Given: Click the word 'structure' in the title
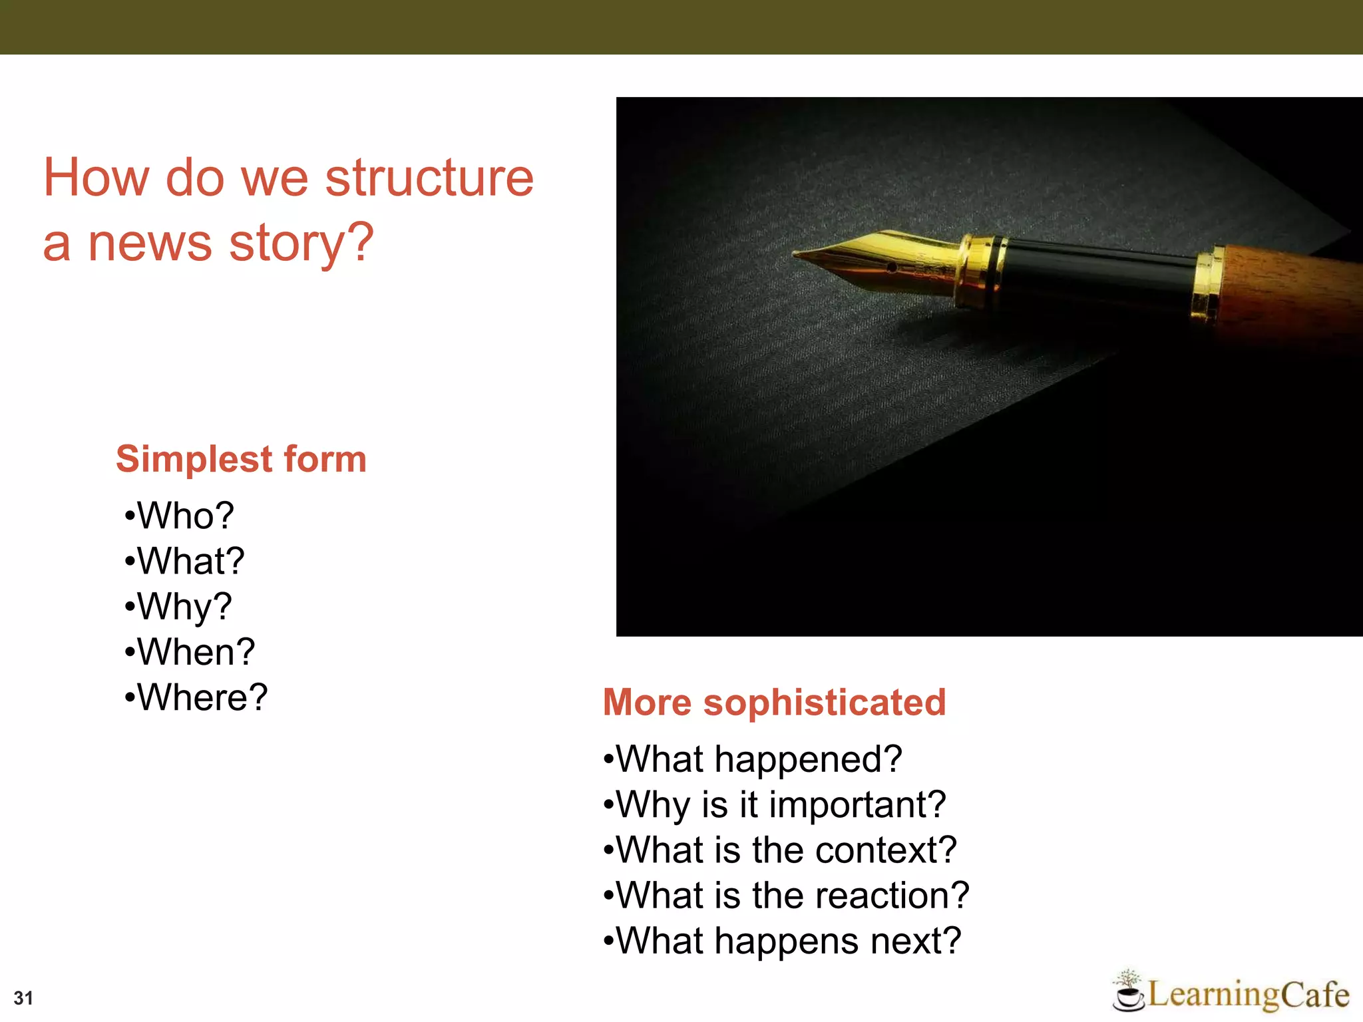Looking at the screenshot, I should pos(429,178).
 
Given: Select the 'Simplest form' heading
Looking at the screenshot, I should pos(241,459).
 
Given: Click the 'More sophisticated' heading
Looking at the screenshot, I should pos(774,703).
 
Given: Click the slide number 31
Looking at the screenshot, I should pos(23,998).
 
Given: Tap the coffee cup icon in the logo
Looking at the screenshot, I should pos(1127,995).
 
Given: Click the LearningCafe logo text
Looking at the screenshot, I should pos(1248,995).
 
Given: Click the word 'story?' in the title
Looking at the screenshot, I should pos(301,244).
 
